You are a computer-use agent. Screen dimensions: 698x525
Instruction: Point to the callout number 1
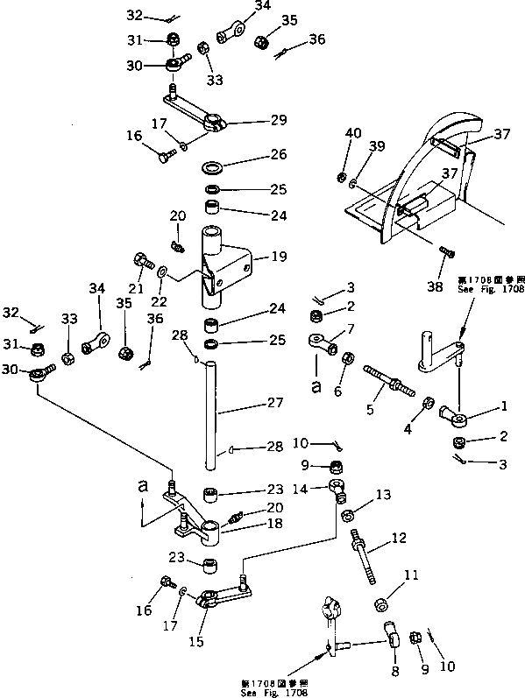click(502, 406)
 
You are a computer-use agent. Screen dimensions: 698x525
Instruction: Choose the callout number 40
click(352, 132)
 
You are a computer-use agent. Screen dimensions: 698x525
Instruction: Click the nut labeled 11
click(381, 604)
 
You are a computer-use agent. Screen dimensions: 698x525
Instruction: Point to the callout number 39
click(377, 146)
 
